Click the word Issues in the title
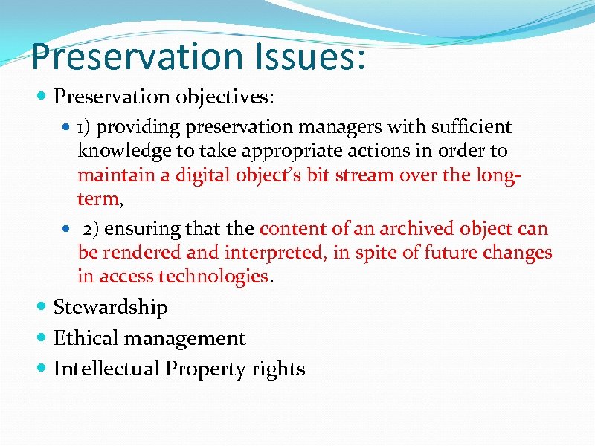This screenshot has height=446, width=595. pos(302,57)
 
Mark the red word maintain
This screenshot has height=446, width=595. pos(115,176)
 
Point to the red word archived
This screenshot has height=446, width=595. pos(416,228)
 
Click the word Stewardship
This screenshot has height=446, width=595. pos(111,307)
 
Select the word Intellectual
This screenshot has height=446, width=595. pos(107,369)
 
